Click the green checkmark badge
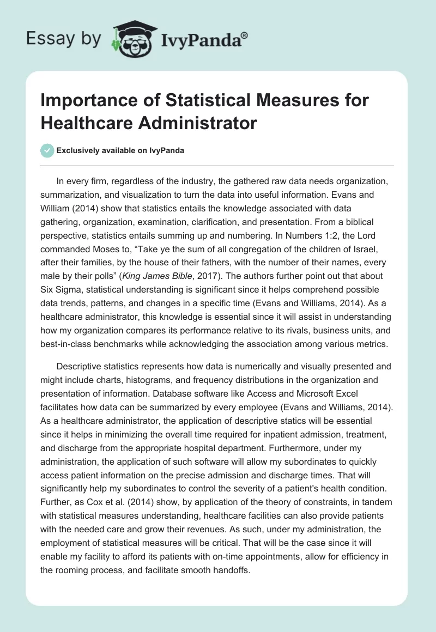point(47,150)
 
